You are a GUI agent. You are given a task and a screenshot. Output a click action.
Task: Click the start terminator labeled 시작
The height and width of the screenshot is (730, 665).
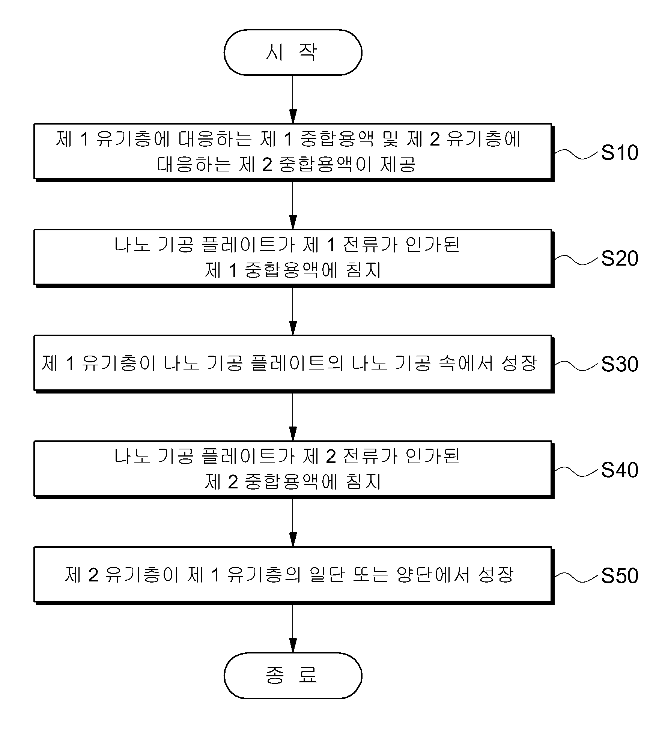click(293, 52)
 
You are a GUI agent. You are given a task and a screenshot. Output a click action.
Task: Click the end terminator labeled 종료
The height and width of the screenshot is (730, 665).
click(293, 675)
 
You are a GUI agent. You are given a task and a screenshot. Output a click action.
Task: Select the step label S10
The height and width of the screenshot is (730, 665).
click(620, 153)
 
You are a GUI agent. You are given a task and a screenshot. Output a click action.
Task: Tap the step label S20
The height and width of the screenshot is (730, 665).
click(620, 258)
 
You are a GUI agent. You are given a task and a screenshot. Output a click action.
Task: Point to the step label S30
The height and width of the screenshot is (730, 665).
click(620, 364)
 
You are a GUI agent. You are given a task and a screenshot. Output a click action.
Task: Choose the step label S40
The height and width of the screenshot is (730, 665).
click(620, 470)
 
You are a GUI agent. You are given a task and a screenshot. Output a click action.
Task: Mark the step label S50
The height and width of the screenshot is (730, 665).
click(620, 575)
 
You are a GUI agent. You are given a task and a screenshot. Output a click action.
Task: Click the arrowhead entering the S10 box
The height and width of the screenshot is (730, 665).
click(293, 116)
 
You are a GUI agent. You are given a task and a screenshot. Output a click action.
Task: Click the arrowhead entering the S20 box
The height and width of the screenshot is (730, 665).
click(293, 222)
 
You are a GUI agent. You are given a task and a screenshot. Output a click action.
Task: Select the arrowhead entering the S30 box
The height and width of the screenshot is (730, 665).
click(293, 328)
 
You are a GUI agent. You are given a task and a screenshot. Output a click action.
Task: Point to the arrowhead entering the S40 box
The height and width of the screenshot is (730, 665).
click(293, 434)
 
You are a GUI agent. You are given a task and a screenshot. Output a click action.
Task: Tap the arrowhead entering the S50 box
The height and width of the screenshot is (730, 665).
click(293, 539)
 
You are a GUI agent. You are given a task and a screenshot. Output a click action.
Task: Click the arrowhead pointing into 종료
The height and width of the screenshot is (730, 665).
click(293, 645)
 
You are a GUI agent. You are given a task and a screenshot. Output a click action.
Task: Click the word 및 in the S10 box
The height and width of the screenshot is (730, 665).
click(390, 139)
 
